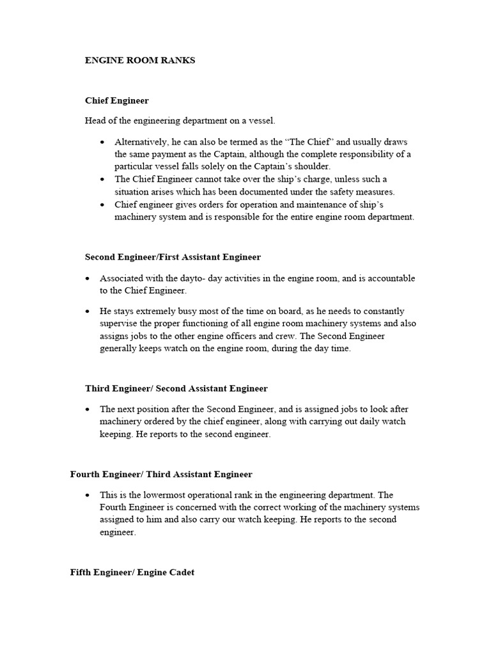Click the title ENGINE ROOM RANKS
[x=140, y=61]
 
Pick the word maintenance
[x=290, y=205]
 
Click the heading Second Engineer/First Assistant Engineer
[x=173, y=257]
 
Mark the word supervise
[x=118, y=324]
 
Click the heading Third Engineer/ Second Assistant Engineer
[x=176, y=389]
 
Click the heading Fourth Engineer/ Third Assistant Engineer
[x=161, y=475]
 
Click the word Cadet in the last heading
[x=180, y=572]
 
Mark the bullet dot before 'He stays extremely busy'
[x=88, y=312]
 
